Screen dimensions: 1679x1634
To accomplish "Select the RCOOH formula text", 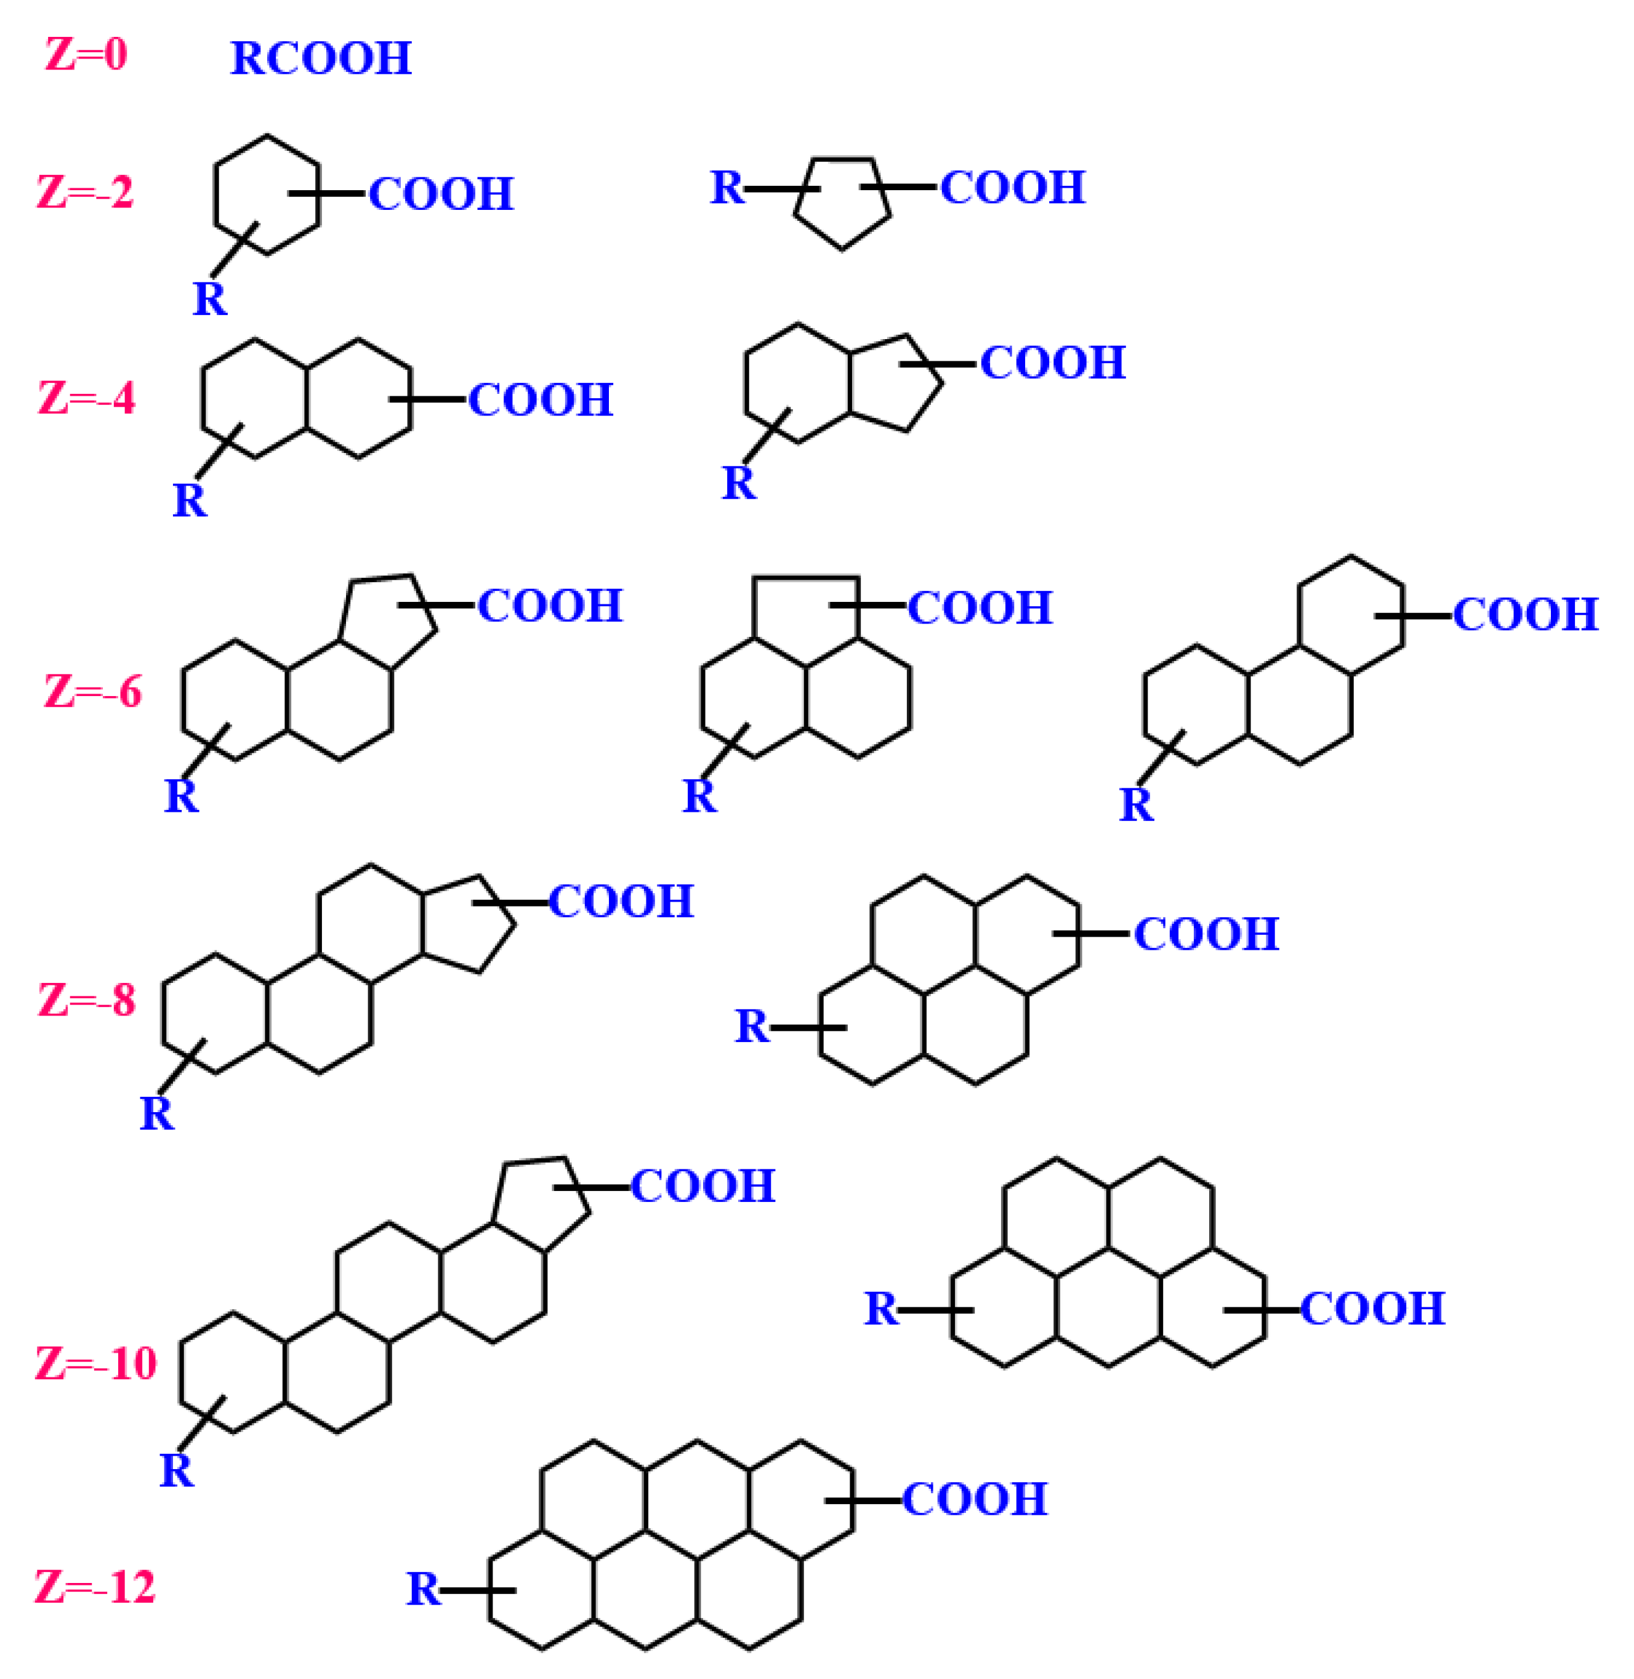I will click(321, 58).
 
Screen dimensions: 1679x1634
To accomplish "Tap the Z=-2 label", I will click(85, 192).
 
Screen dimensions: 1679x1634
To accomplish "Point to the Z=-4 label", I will click(87, 398).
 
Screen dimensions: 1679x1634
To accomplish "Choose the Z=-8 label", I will click(87, 1000).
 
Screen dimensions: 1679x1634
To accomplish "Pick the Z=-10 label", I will click(96, 1363).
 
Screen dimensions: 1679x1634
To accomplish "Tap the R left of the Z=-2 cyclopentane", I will click(727, 187).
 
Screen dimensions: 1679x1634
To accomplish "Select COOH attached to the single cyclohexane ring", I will click(441, 194).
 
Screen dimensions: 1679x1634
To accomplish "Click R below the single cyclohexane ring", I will click(209, 299).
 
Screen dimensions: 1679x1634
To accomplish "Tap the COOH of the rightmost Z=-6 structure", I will click(1525, 614).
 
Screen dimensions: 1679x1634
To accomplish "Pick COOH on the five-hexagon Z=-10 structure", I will click(1372, 1308).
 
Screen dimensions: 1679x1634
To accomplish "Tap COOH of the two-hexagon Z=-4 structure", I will click(541, 400).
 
